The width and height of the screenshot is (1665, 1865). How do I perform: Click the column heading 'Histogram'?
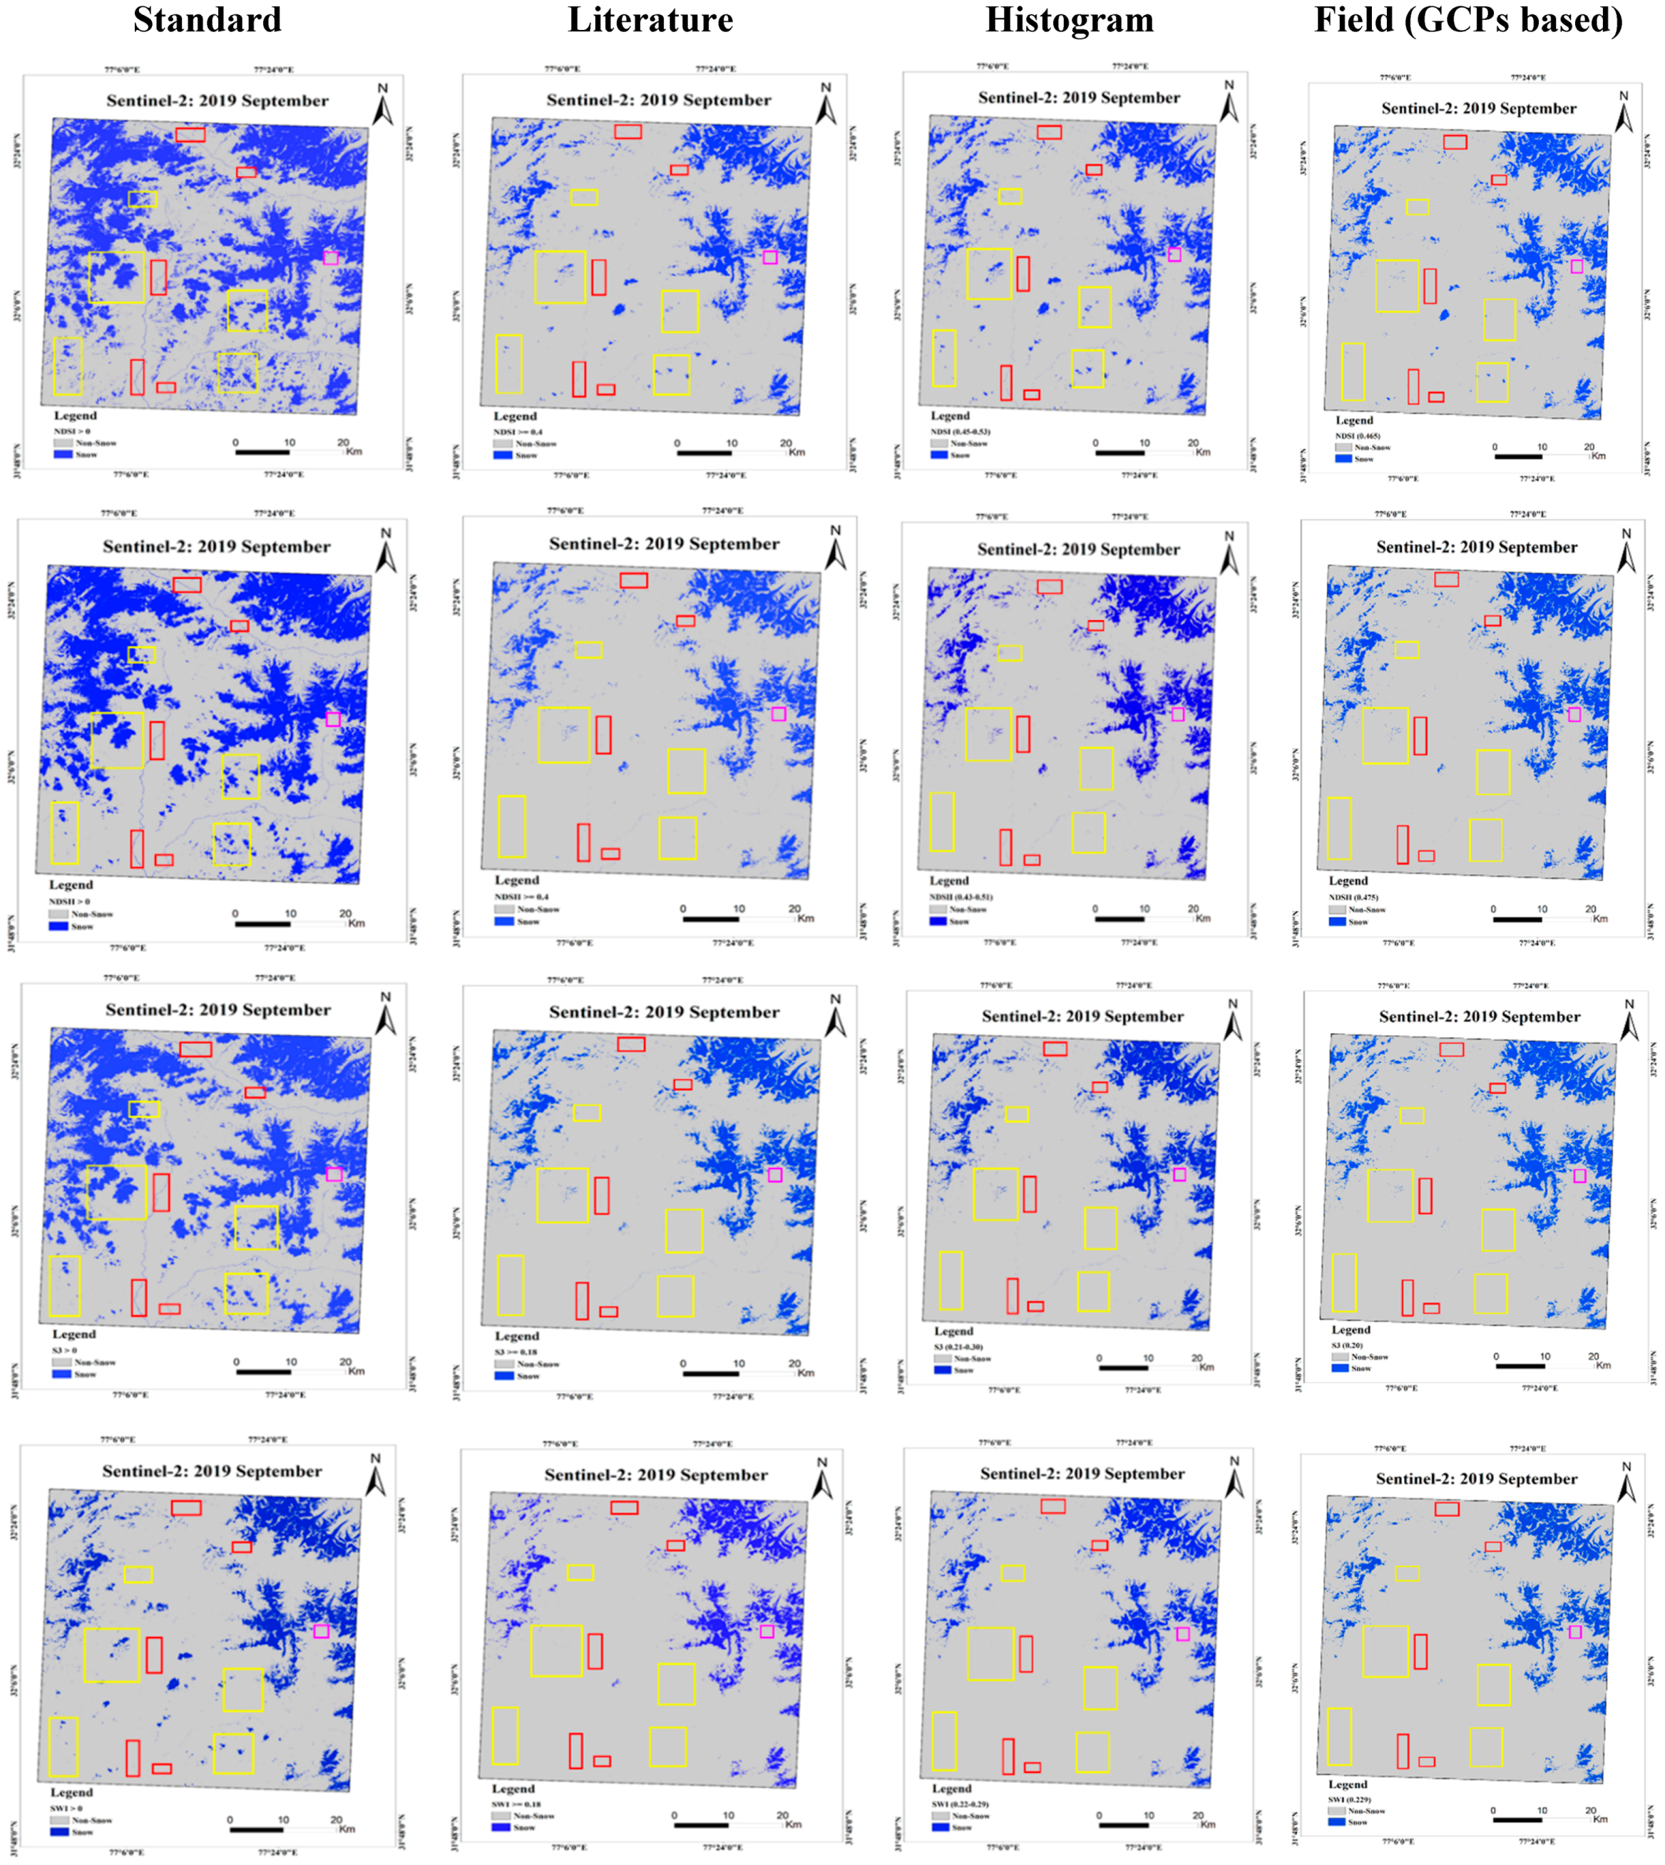coord(1069,20)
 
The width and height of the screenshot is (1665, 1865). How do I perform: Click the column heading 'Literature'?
coord(650,20)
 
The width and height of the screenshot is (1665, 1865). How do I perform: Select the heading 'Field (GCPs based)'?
coord(1468,20)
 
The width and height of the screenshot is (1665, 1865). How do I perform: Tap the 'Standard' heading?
coord(208,20)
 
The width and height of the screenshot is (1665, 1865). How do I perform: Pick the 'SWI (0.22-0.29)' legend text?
coord(960,1804)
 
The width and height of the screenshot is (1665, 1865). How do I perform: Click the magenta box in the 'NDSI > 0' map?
coord(330,258)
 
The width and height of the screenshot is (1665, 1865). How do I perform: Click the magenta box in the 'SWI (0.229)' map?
coord(1575,1631)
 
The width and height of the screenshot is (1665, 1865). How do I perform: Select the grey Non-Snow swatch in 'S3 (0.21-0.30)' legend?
coord(943,1358)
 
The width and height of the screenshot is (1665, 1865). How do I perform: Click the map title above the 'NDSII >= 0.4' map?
coord(664,543)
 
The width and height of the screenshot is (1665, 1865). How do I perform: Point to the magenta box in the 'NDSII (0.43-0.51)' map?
coord(1177,714)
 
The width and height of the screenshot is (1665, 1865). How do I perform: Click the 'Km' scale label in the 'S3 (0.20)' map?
coord(1603,1365)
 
